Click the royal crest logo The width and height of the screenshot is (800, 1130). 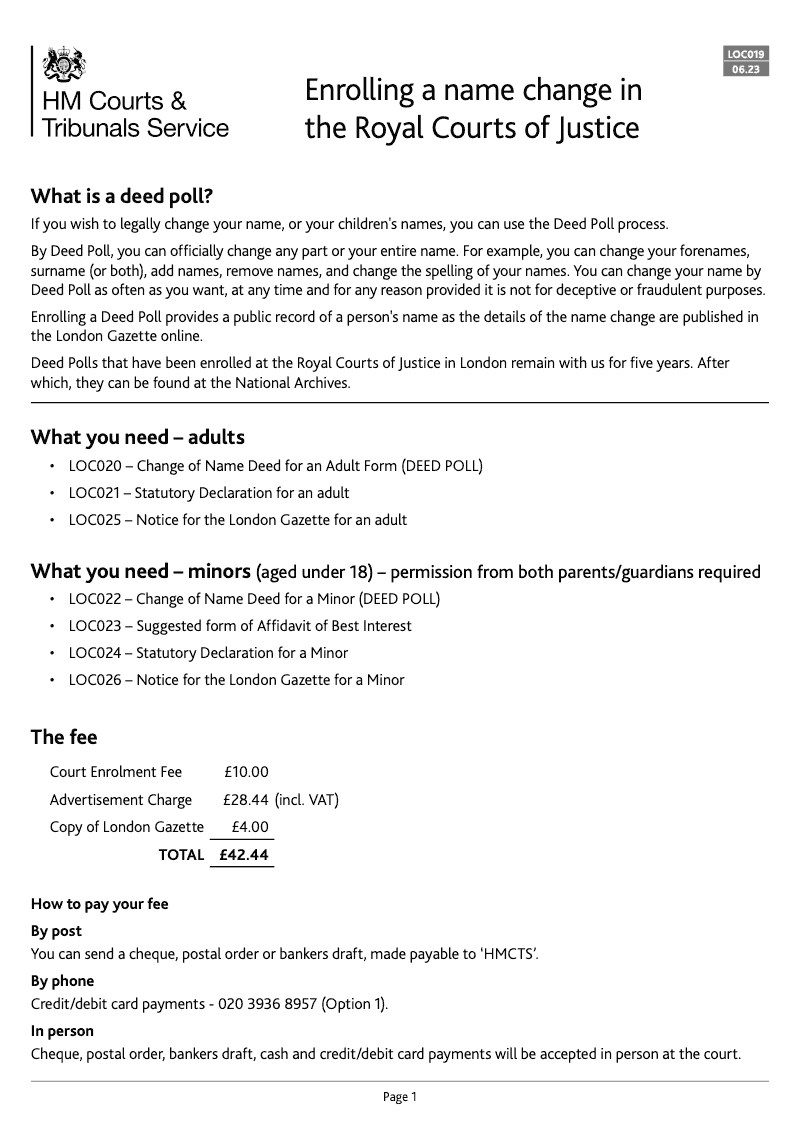(61, 64)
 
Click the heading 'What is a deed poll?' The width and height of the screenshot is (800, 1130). (122, 194)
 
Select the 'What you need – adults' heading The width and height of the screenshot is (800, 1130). (137, 437)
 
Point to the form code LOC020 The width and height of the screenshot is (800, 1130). (94, 466)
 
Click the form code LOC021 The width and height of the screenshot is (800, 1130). (94, 493)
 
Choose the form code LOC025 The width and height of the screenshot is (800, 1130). (94, 520)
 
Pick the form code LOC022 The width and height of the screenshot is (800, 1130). (94, 599)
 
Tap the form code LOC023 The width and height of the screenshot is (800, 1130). (94, 626)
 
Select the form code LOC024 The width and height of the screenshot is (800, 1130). (94, 653)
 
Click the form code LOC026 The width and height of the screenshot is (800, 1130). (94, 680)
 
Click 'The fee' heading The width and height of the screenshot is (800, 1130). (64, 738)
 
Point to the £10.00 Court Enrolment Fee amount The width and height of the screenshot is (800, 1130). (246, 772)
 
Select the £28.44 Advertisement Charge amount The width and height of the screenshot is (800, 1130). (246, 800)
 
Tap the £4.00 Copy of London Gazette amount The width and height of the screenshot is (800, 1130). (250, 827)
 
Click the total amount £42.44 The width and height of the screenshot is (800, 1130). (243, 855)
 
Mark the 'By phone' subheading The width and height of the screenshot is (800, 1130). (62, 981)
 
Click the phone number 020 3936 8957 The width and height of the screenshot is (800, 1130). (269, 1004)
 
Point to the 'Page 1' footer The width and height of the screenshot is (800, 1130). (400, 1097)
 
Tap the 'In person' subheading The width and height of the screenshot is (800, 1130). (62, 1031)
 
